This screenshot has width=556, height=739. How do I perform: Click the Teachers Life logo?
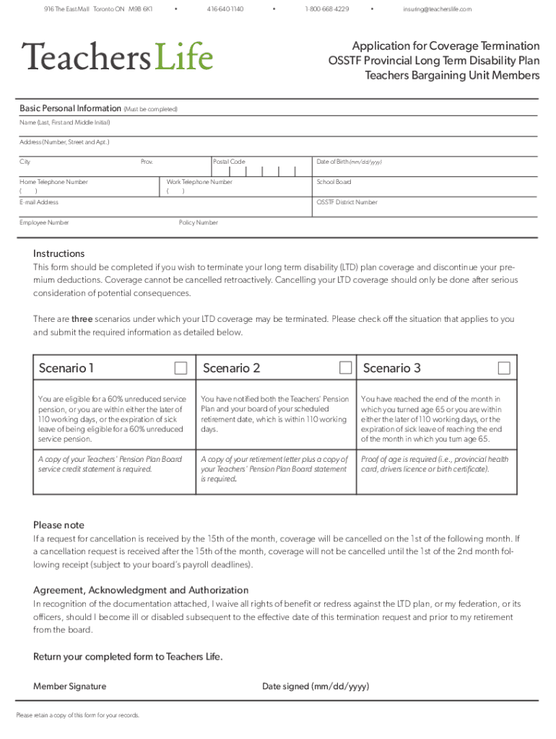click(x=117, y=56)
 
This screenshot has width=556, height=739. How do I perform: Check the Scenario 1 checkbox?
click(x=181, y=369)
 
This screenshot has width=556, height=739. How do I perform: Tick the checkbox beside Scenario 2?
click(x=346, y=369)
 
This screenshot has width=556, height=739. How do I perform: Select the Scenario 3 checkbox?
click(x=504, y=369)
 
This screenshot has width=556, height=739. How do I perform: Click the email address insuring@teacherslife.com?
click(x=437, y=9)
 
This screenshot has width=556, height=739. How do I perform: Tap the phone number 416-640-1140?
click(x=225, y=9)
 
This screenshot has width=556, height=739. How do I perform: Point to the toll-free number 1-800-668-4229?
click(x=327, y=9)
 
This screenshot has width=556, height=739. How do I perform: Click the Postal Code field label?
click(x=230, y=162)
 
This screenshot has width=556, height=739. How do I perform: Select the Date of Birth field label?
click(x=349, y=162)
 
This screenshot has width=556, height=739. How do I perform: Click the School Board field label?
click(x=334, y=182)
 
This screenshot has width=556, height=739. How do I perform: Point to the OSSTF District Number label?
click(x=347, y=202)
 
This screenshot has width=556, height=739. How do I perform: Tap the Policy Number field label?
click(x=198, y=222)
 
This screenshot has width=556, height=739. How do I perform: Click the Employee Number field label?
click(x=44, y=222)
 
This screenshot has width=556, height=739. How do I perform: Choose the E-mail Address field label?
click(x=39, y=202)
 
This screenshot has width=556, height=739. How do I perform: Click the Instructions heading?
click(x=58, y=253)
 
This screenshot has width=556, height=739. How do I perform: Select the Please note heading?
click(x=58, y=525)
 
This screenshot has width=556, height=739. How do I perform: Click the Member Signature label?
click(x=69, y=686)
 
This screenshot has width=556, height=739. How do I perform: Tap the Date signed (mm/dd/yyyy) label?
click(x=316, y=686)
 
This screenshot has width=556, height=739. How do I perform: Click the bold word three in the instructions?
click(x=82, y=319)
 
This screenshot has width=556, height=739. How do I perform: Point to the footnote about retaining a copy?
click(x=77, y=715)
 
